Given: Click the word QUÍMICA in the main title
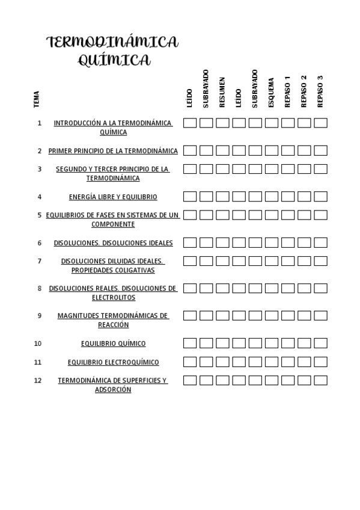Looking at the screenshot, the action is [114, 60].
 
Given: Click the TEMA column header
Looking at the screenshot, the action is [37, 99].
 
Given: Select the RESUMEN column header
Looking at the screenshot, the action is [222, 92].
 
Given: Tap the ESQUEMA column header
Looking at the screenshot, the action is [271, 92].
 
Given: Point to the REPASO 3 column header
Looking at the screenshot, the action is [320, 91].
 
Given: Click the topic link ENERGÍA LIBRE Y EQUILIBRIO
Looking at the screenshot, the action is [113, 197].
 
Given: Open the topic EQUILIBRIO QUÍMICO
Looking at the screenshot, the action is [113, 343].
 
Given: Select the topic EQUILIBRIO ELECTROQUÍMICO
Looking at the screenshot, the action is [113, 362].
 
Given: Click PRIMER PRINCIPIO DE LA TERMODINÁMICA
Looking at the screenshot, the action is [113, 151].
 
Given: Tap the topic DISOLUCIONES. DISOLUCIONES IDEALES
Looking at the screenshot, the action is [113, 243].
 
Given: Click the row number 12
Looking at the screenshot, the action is [38, 380].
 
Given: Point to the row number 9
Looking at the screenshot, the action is [40, 316].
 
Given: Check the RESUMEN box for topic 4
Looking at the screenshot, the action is [222, 197].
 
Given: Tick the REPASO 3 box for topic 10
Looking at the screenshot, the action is [320, 343].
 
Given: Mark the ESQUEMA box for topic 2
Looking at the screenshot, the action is [272, 151].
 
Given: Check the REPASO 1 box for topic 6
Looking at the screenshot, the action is [288, 243].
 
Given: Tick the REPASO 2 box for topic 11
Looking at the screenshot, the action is [304, 362].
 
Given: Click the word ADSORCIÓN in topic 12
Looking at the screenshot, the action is [113, 390].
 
